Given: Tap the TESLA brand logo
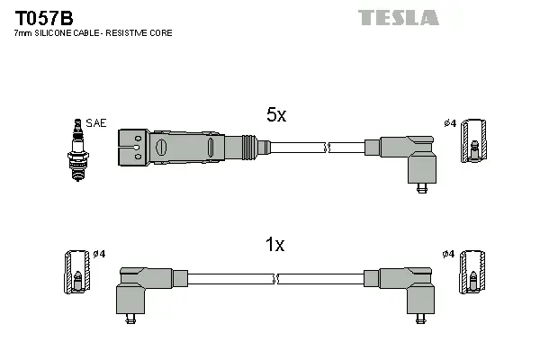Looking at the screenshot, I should point(398,17).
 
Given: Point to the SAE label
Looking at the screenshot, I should point(95,122).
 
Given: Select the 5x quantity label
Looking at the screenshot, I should point(275,115).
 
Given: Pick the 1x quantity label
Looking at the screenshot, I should point(275,244).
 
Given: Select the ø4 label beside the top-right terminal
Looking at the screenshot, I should point(449,122).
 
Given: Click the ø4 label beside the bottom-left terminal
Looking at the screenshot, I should point(98,254).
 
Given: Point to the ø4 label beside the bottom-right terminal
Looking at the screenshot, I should point(449,254).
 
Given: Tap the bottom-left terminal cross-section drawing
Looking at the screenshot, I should point(76,272).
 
